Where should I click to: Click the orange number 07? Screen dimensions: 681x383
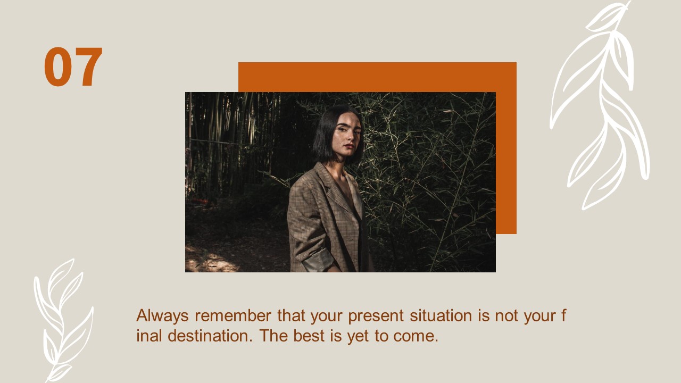[73, 66]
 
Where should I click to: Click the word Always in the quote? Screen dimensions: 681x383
[162, 316]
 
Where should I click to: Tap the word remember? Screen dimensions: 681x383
[233, 315]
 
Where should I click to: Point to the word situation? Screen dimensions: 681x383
[441, 315]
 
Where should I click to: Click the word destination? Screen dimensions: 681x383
[210, 336]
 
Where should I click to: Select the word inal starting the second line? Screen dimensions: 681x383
[149, 336]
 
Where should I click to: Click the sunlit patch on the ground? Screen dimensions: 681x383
[213, 261]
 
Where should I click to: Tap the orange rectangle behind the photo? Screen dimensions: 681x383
[377, 77]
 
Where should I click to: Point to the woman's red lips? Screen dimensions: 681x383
[349, 146]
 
